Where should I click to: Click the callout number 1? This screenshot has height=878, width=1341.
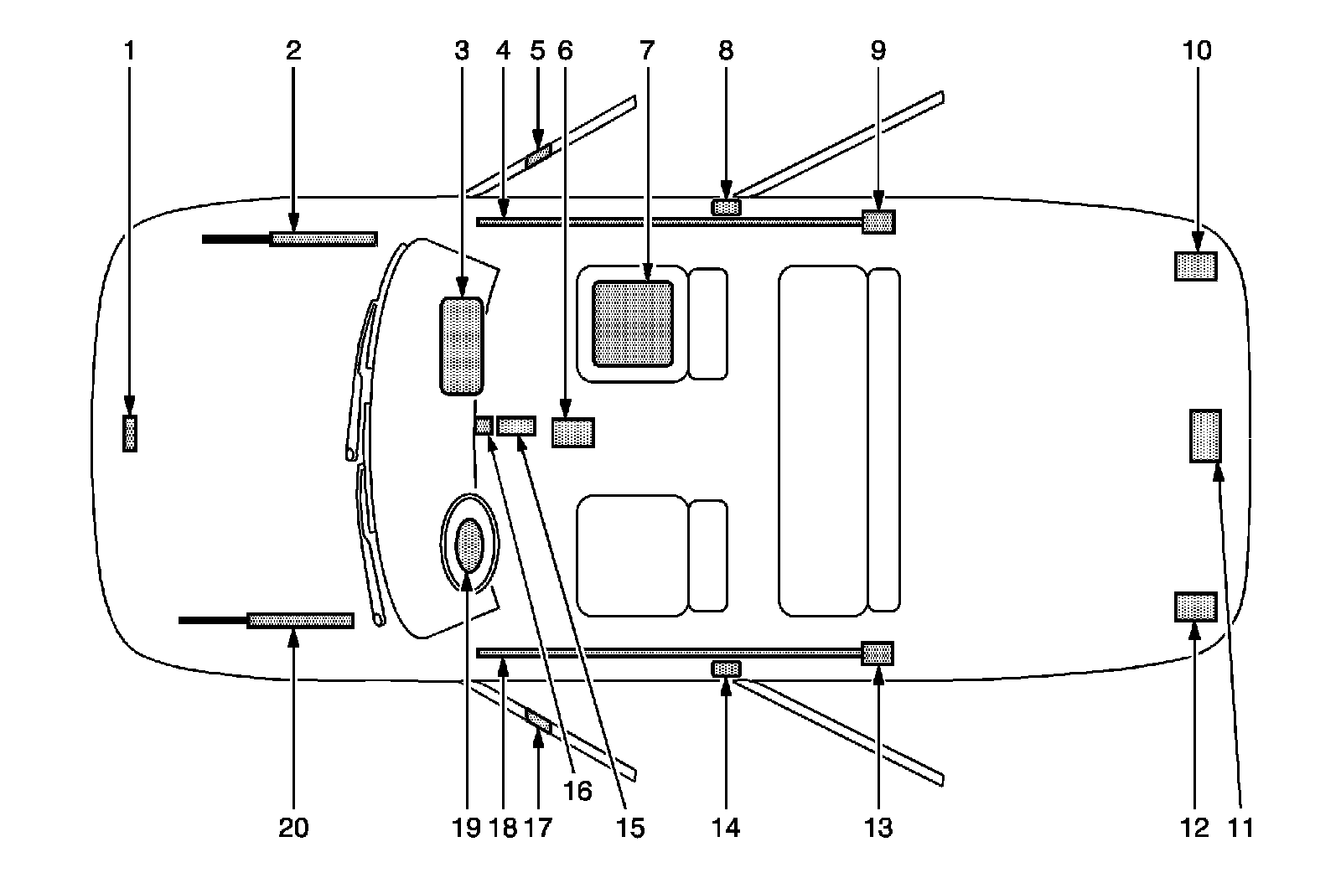coord(129,51)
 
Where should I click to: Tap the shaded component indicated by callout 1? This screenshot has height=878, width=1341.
coord(129,433)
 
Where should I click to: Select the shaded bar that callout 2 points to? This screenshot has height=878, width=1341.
coord(323,239)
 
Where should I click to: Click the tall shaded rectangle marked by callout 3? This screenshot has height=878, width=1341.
coord(462,345)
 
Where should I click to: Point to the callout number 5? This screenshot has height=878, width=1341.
coord(537,51)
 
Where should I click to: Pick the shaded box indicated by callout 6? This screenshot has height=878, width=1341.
coord(573,432)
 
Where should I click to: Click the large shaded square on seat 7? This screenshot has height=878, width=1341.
coord(633,323)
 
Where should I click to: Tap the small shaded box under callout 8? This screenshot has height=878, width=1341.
coord(726,206)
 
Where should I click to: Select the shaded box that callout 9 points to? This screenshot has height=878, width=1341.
coord(878,222)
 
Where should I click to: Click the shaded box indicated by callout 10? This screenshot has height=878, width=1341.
coord(1195,266)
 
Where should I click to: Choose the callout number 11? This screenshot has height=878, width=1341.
coord(1240,828)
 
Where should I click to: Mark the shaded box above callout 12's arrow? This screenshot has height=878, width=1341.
coord(1196,607)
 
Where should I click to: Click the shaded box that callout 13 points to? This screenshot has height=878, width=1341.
coord(878,653)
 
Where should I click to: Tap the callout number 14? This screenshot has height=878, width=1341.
coord(726,828)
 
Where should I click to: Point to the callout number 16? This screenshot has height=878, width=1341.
coord(577,791)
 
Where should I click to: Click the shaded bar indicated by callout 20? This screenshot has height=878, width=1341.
coord(300,620)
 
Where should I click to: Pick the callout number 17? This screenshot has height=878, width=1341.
coord(537,828)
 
